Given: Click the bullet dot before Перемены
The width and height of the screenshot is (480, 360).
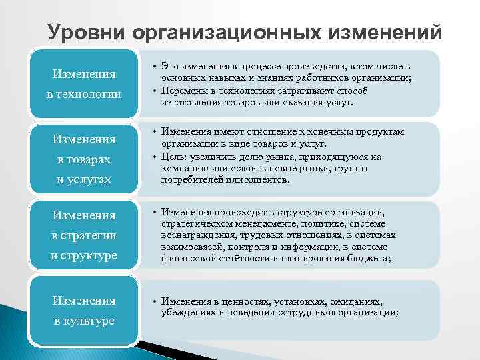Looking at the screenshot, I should click(x=153, y=91).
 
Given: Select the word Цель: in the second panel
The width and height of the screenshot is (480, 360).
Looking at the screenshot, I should click(x=175, y=157).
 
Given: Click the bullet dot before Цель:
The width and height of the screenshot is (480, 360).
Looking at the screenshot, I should click(x=153, y=157).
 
